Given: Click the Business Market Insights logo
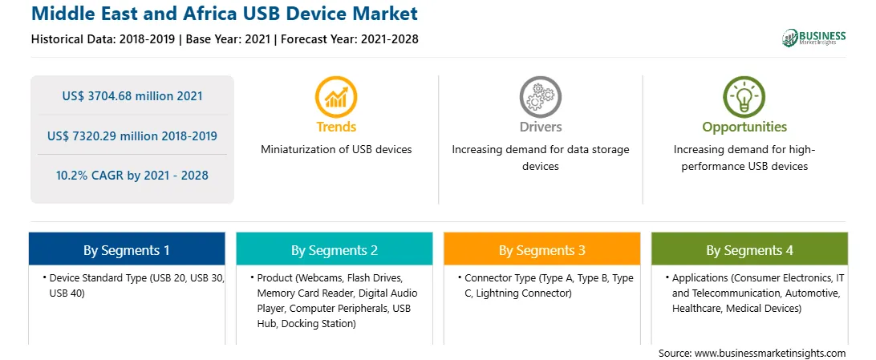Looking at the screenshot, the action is [813, 38].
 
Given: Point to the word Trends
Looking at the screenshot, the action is [336, 127].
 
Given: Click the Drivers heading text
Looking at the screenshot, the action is [541, 127].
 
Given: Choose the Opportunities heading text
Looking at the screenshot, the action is [744, 127].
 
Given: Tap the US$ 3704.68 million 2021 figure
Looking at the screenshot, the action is [132, 96].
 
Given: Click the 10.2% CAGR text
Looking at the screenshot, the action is [89, 176].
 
